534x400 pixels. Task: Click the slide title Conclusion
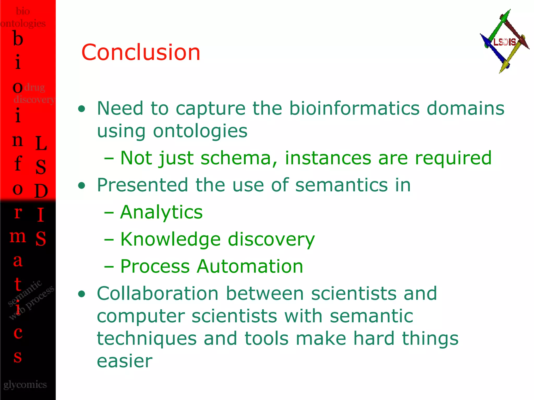[141, 52]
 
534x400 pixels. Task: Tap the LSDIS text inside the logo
[505, 42]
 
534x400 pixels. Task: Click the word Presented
[142, 185]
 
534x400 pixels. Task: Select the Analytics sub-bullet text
[161, 212]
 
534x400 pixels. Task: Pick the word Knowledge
[170, 239]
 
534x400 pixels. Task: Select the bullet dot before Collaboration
[82, 294]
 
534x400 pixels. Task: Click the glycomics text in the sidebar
[25, 384]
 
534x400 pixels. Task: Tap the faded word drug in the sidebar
[34, 87]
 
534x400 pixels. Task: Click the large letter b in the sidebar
[18, 39]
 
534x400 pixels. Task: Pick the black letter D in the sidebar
[41, 191]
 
